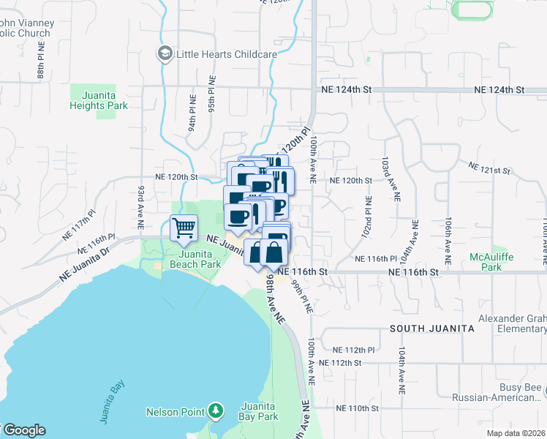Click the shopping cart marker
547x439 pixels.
[x=184, y=228]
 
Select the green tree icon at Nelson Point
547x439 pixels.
[x=215, y=411]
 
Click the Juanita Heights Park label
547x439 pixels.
[x=99, y=100]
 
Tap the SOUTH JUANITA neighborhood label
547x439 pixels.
[x=431, y=329]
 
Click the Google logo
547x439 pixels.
[x=23, y=430]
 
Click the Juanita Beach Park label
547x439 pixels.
[x=195, y=259]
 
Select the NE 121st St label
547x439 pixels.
[x=490, y=170]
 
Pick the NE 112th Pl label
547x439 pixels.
[x=352, y=350]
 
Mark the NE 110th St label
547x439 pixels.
[x=357, y=408]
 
